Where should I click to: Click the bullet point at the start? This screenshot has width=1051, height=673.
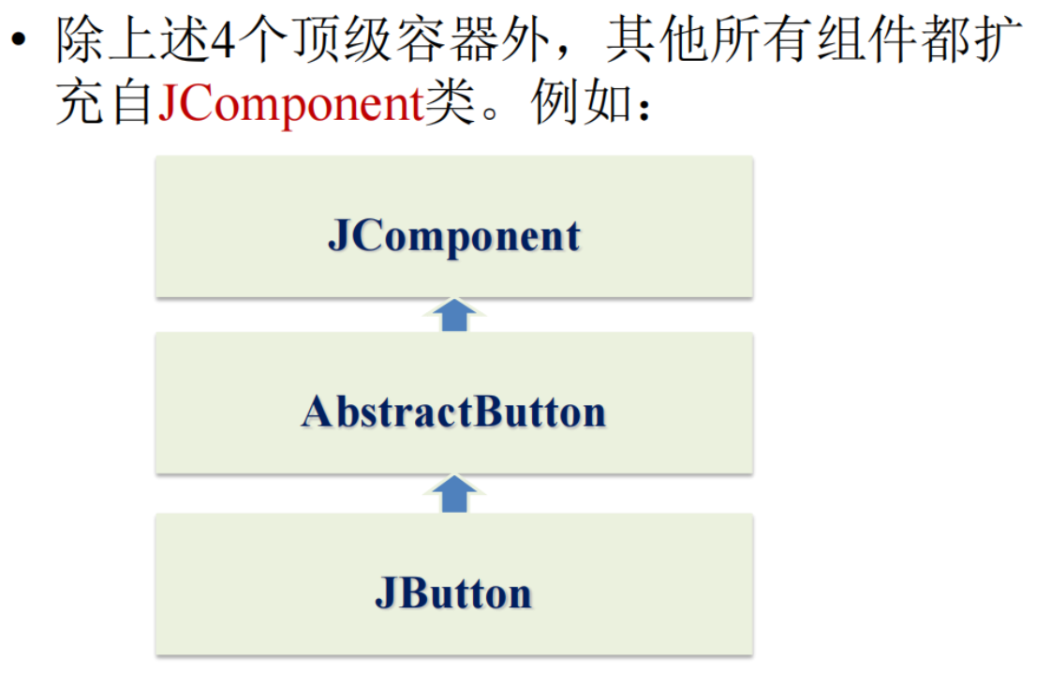coord(18,41)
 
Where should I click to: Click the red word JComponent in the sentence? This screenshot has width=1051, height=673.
coord(290,105)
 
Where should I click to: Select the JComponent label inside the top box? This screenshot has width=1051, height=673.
coord(453,235)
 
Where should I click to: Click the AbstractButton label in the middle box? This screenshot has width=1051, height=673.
coord(453,412)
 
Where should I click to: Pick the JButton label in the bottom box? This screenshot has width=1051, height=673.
coord(453,593)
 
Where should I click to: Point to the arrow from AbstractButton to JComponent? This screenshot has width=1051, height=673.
coord(454,315)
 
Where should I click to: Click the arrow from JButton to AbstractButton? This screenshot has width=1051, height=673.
coord(454,493)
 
